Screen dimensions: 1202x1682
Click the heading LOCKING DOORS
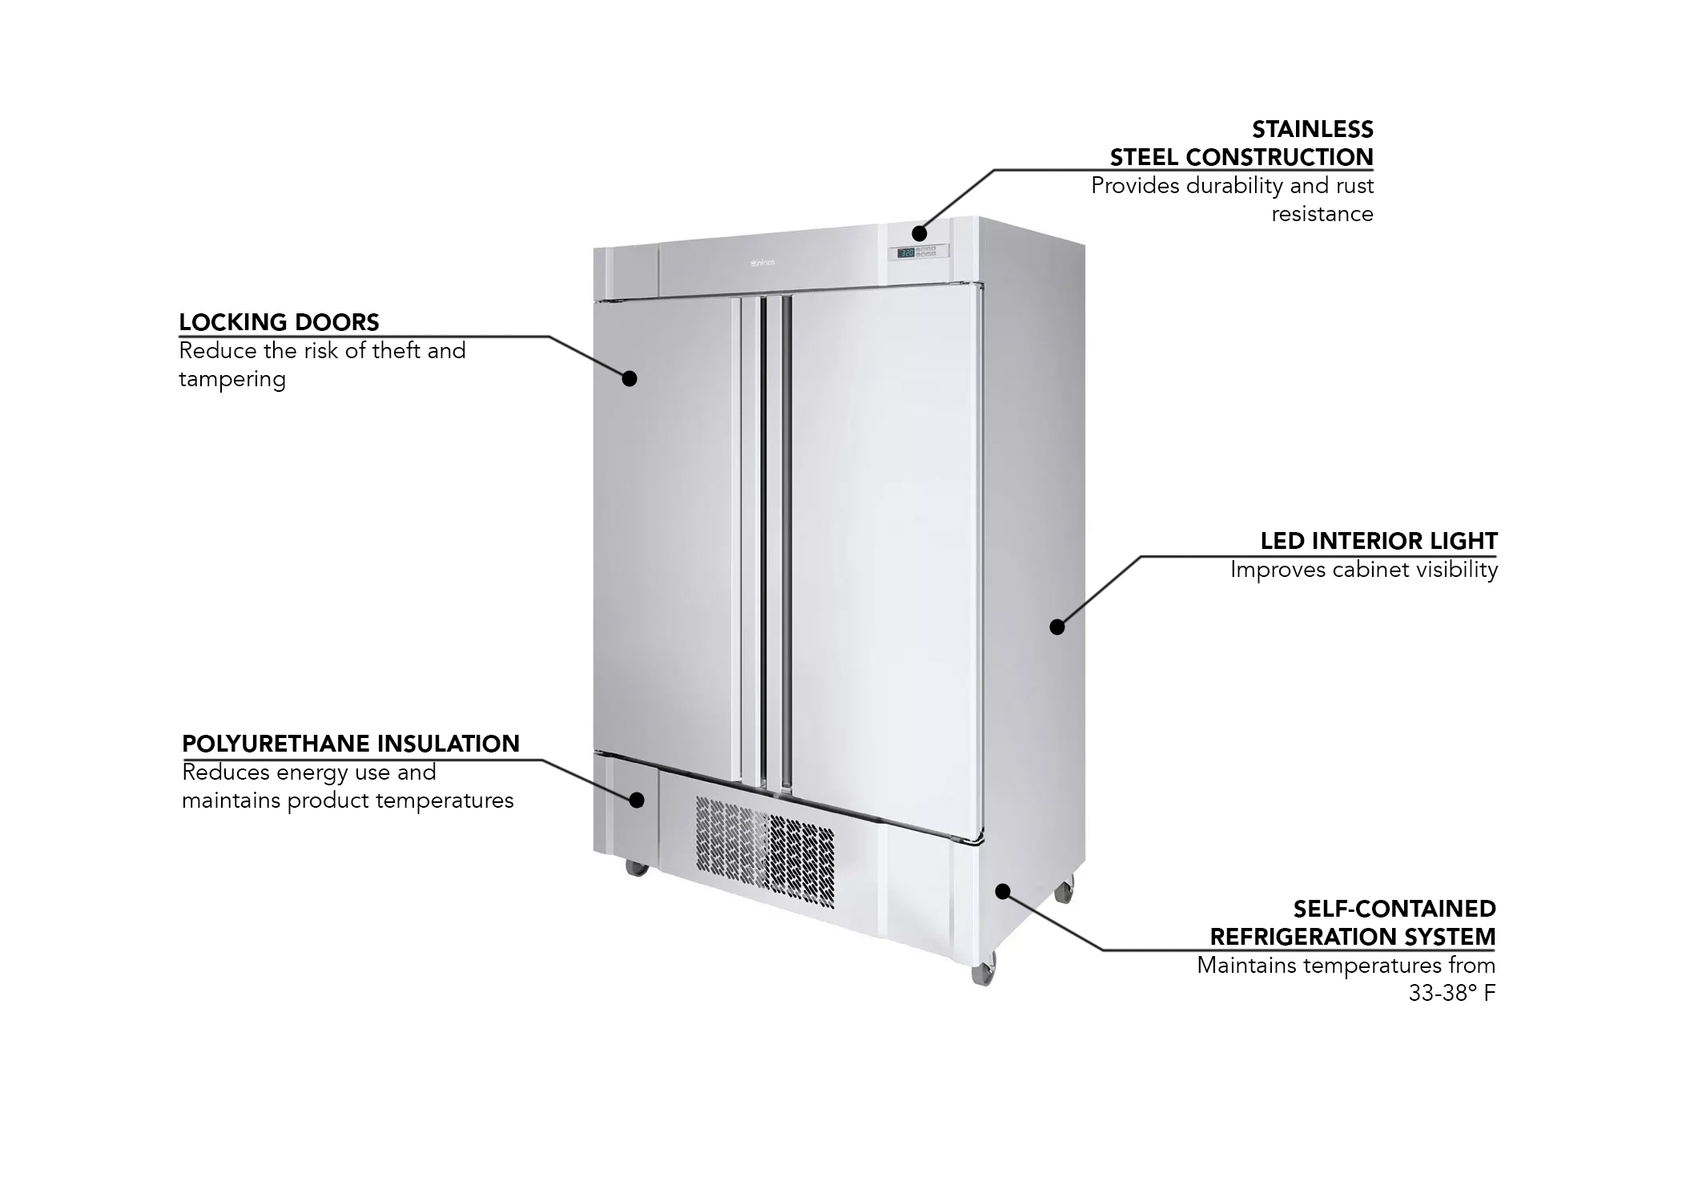coord(279,322)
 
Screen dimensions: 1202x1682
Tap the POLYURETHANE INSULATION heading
coord(351,744)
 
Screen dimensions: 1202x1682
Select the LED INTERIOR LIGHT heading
coord(1378,541)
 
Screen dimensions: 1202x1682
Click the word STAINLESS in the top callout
coord(1312,129)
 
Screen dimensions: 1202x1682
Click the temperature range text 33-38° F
coord(1451,993)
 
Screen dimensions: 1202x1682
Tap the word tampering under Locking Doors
coord(232,379)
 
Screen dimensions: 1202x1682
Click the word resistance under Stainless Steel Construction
coord(1322,214)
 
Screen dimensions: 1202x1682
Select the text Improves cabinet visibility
coord(1363,570)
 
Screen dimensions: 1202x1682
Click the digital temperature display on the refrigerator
coord(907,252)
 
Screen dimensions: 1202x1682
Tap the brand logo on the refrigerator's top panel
coord(762,262)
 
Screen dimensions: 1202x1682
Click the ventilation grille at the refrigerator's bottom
coord(764,851)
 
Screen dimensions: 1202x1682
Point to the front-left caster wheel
coord(637,866)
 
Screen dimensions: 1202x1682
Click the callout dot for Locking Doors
coord(630,378)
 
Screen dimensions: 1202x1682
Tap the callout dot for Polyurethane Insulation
coord(638,799)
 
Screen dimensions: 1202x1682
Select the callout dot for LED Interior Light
coord(1057,627)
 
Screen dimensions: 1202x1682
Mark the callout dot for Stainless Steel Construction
coord(919,233)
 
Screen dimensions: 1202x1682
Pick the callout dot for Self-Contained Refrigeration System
coord(1002,891)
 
